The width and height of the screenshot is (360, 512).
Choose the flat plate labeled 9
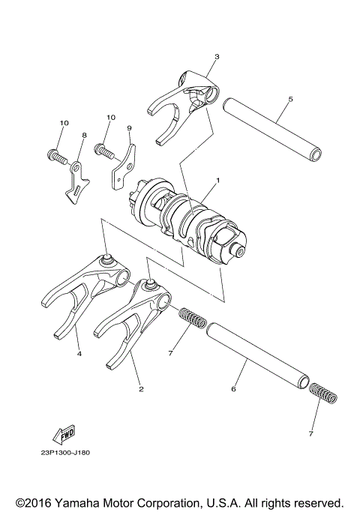coord(124,168)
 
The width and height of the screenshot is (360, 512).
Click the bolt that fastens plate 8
coord(56,155)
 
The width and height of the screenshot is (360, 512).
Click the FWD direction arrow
coord(63,433)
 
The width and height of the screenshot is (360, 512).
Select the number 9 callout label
coord(129,128)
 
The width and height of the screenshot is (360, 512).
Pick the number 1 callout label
coord(217,180)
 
